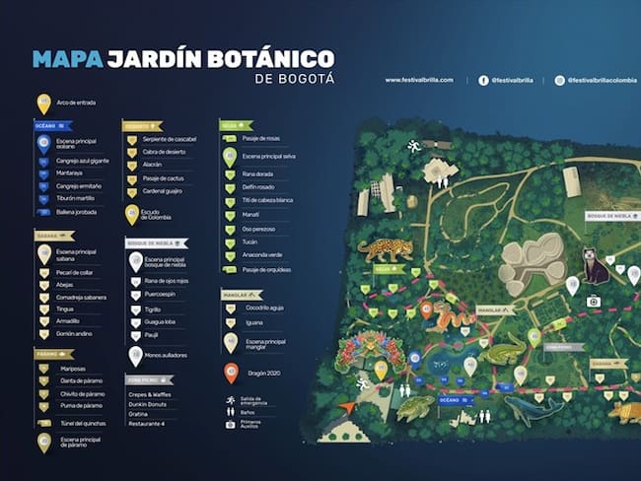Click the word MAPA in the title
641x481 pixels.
coord(68,59)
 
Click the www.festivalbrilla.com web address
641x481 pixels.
coord(419,80)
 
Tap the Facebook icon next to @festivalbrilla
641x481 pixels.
coord(483,80)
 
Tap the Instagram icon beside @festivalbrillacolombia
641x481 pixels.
coord(560,80)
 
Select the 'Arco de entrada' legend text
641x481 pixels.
coord(76,102)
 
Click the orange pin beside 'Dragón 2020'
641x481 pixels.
coord(231,373)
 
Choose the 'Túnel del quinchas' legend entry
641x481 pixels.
coord(84,423)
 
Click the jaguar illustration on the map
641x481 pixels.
coord(385,247)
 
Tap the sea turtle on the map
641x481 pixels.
coord(415,406)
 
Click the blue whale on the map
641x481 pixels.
coord(533,407)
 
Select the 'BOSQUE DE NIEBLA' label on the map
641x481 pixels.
coord(607,215)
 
